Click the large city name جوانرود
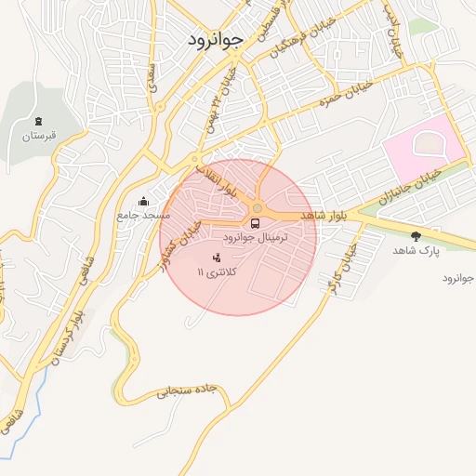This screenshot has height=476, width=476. [x=215, y=39]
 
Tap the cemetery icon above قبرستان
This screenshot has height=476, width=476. [x=38, y=122]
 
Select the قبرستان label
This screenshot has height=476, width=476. [x=39, y=137]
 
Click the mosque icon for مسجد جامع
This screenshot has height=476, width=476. [x=143, y=201]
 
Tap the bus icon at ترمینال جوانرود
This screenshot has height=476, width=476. [x=254, y=223]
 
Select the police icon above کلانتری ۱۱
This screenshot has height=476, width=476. [x=218, y=257]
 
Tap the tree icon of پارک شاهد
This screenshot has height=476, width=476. [x=415, y=235]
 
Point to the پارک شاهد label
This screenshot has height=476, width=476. [x=415, y=250]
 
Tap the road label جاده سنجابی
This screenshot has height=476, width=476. [x=186, y=390]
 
